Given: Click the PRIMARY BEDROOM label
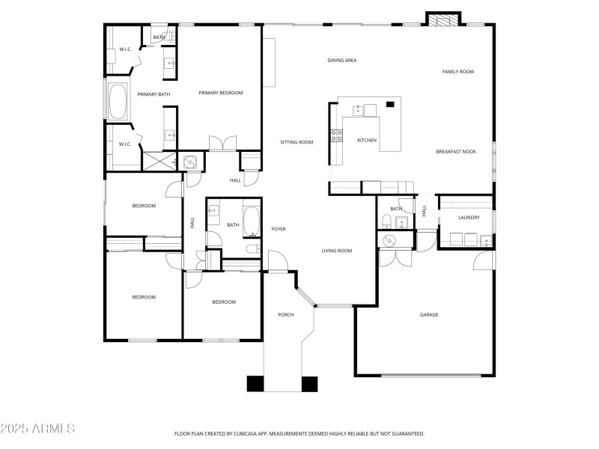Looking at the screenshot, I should click(221, 93).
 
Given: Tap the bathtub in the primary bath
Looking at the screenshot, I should click(118, 103).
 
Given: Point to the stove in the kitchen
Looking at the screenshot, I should click(337, 135).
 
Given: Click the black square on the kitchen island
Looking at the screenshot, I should click(389, 105).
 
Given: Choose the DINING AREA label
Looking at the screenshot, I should click(341, 60).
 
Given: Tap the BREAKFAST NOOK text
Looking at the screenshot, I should click(456, 152).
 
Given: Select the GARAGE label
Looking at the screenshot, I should click(429, 314).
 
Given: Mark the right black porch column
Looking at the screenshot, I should click(310, 383).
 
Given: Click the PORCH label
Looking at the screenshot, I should click(285, 314).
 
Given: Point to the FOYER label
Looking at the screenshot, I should click(279, 229).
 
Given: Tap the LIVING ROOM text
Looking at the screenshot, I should click(337, 251).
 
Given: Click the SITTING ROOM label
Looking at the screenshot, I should click(297, 141).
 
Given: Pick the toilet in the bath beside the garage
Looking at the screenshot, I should click(386, 221).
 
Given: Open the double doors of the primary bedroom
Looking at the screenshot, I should click(222, 144).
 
